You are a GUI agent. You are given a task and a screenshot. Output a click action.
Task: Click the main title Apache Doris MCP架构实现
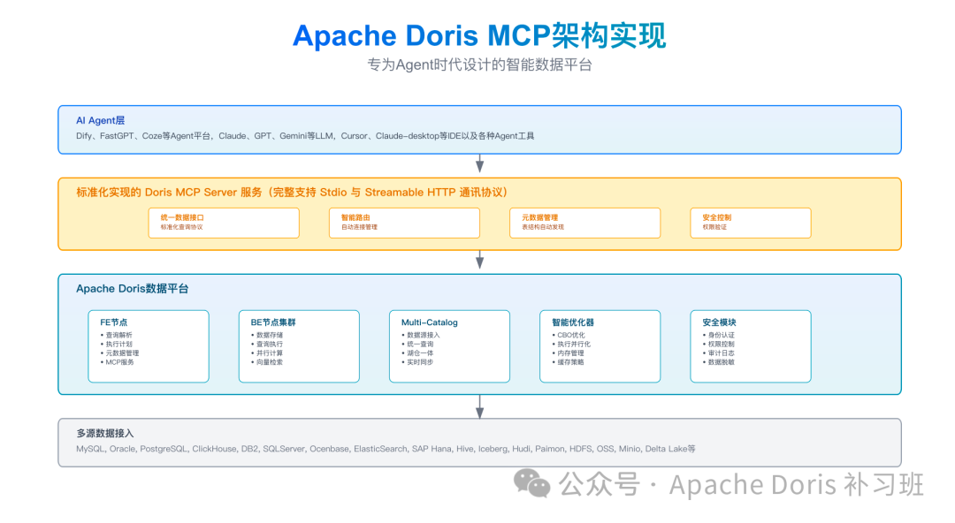tap(478, 35)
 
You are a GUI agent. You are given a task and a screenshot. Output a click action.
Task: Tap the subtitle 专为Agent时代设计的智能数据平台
tap(478, 65)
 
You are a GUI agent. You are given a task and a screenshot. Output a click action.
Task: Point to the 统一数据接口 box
tap(224, 222)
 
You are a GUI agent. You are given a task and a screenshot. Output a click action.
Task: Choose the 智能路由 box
tap(404, 222)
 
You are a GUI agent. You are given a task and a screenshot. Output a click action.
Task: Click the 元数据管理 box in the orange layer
tap(584, 222)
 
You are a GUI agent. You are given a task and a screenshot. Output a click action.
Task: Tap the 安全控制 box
tap(750, 222)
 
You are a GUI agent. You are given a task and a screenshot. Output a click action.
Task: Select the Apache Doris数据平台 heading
tap(132, 289)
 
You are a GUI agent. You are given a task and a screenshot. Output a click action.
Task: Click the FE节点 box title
tap(113, 322)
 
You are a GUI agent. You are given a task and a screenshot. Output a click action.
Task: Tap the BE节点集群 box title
tap(273, 322)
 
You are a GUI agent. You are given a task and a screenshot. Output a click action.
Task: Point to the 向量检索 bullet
tap(269, 362)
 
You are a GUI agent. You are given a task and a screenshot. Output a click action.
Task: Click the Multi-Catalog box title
tap(430, 322)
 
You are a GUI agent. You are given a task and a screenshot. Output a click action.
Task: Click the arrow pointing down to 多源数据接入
tap(479, 406)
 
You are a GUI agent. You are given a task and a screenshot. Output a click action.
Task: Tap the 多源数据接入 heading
tap(105, 433)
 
